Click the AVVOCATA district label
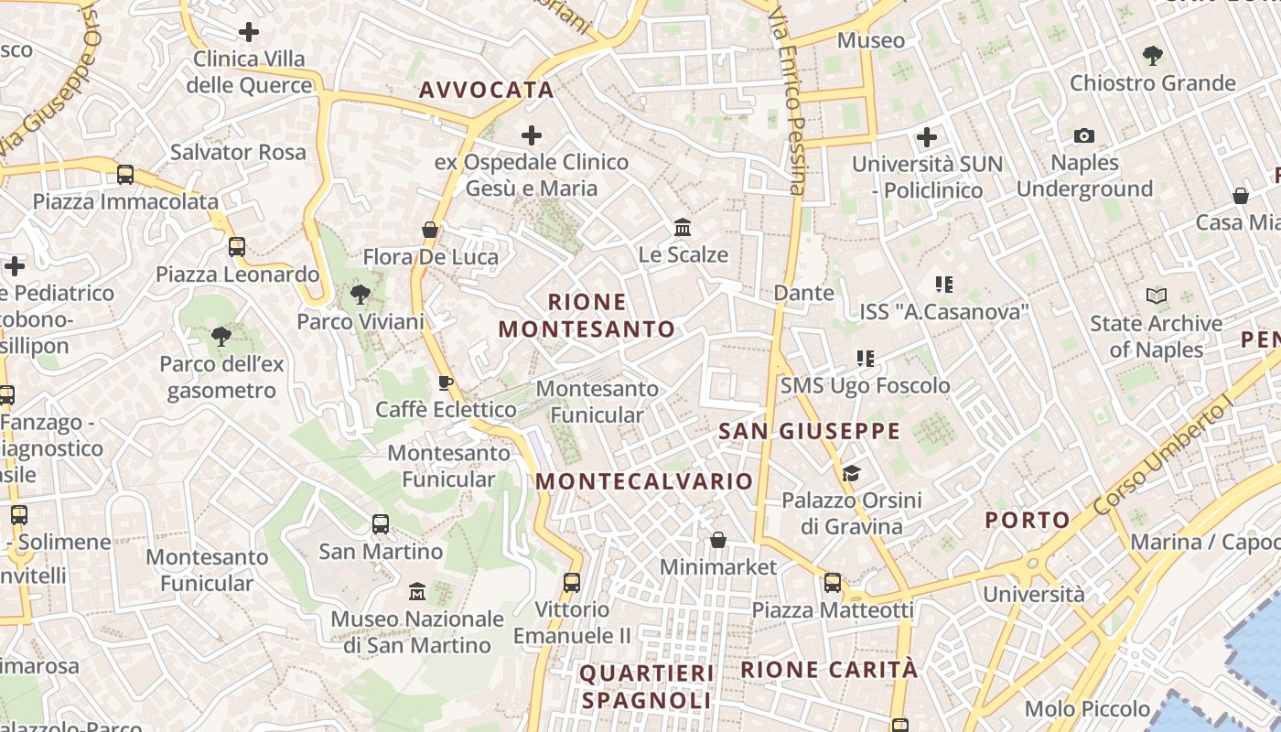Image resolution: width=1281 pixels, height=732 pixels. pos(486,90)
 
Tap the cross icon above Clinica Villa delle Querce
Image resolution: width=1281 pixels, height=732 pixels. pos(248,33)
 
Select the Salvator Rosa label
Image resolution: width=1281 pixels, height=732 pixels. pos(238,152)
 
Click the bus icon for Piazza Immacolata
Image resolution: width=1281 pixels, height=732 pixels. pos(125,174)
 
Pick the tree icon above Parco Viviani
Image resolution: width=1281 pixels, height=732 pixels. pos(361,295)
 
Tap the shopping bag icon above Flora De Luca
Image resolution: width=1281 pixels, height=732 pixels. pos(430,230)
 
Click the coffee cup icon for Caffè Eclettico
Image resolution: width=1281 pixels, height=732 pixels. pos(446,382)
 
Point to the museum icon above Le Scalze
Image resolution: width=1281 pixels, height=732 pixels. pos(683,227)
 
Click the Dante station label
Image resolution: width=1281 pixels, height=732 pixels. pos(804,293)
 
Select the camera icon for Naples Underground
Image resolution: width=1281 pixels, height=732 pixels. pos(1084,136)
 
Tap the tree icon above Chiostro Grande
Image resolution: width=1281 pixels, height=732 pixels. pos(1153,56)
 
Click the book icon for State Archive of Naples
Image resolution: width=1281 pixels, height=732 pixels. pos(1157,296)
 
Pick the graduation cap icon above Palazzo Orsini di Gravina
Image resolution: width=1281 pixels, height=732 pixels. pos(852,473)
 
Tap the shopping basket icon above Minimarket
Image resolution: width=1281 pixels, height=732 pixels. pos(718,540)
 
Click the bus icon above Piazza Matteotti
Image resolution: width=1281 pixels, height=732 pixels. pos(833,582)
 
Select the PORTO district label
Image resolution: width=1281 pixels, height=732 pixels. pos(1028,521)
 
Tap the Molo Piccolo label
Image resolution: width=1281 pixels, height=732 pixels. pos(1087,708)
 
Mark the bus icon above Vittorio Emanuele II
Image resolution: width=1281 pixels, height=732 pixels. pos(572,582)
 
